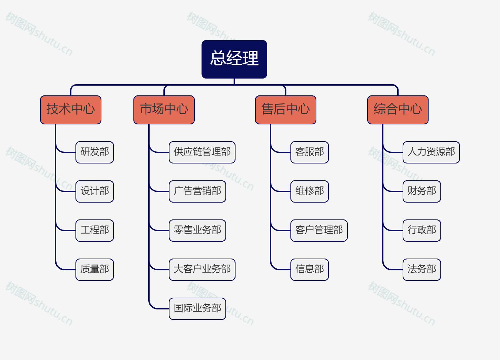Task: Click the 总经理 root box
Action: point(234,59)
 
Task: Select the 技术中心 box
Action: point(71,110)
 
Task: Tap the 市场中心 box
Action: point(164,110)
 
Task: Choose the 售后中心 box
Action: point(286,110)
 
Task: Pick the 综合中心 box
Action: point(398,110)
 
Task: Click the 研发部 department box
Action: point(95,152)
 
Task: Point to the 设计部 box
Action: point(95,191)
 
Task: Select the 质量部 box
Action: point(95,269)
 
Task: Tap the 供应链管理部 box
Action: point(202,152)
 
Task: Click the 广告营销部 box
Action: point(197,191)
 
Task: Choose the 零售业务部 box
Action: point(197,230)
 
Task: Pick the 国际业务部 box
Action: point(197,308)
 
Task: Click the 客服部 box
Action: point(310,152)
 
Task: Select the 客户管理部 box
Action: point(319,230)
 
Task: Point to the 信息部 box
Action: point(310,269)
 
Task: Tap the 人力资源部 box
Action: point(431,152)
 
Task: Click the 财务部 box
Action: point(422,191)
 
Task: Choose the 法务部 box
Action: point(422,269)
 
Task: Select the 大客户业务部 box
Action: point(202,269)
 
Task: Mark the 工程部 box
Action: point(95,230)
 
